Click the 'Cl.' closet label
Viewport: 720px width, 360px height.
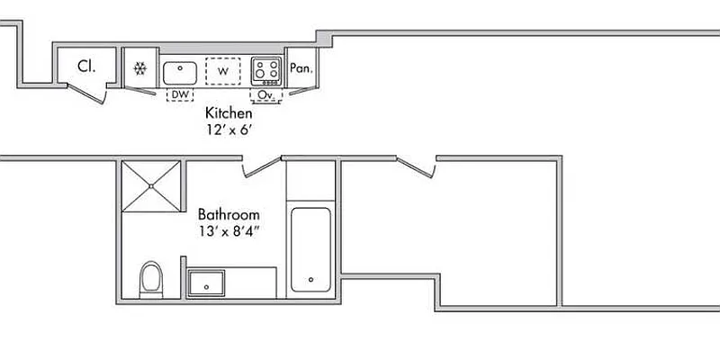86,66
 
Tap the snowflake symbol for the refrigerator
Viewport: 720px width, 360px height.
139,68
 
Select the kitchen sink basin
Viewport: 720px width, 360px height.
180,71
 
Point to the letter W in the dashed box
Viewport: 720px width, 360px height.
222,70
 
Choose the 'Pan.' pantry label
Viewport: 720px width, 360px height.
301,67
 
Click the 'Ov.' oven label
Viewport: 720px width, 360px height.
265,94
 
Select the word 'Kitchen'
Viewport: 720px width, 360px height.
229,113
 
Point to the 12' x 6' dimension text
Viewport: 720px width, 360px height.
229,129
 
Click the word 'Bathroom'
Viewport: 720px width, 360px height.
229,215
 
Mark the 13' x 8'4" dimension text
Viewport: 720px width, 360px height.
229,231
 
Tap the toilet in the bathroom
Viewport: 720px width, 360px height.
151,278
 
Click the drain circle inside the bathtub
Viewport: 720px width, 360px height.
310,279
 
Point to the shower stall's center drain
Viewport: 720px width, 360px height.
151,186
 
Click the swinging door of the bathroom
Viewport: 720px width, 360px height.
264,166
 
